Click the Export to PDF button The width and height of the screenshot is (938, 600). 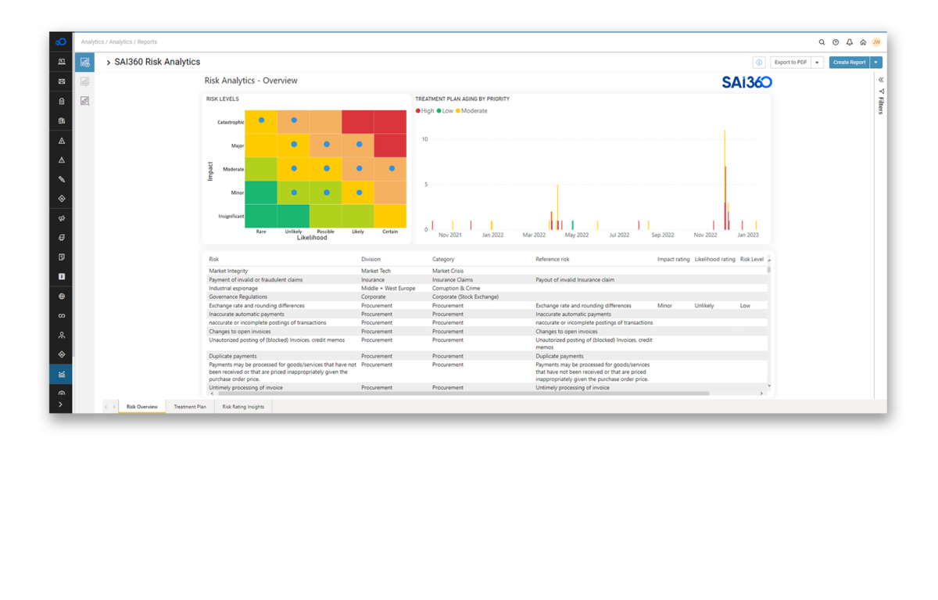click(790, 63)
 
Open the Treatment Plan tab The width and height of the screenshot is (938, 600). click(190, 407)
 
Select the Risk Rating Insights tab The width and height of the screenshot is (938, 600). click(243, 407)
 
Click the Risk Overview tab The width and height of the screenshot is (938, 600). click(142, 407)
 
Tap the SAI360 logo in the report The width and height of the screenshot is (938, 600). click(746, 82)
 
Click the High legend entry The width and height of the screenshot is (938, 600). click(426, 111)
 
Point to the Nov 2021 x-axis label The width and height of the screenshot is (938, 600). click(449, 235)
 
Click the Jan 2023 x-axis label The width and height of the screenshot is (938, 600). click(747, 235)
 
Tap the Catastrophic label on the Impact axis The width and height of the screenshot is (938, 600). click(231, 122)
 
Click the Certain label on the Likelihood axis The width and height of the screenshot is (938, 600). click(390, 232)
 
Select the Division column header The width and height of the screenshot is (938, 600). click(371, 259)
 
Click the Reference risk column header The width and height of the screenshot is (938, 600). click(553, 259)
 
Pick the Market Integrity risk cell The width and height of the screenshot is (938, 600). click(228, 271)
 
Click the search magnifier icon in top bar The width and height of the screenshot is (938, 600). click(822, 42)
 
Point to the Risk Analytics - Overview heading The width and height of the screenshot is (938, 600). click(251, 81)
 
